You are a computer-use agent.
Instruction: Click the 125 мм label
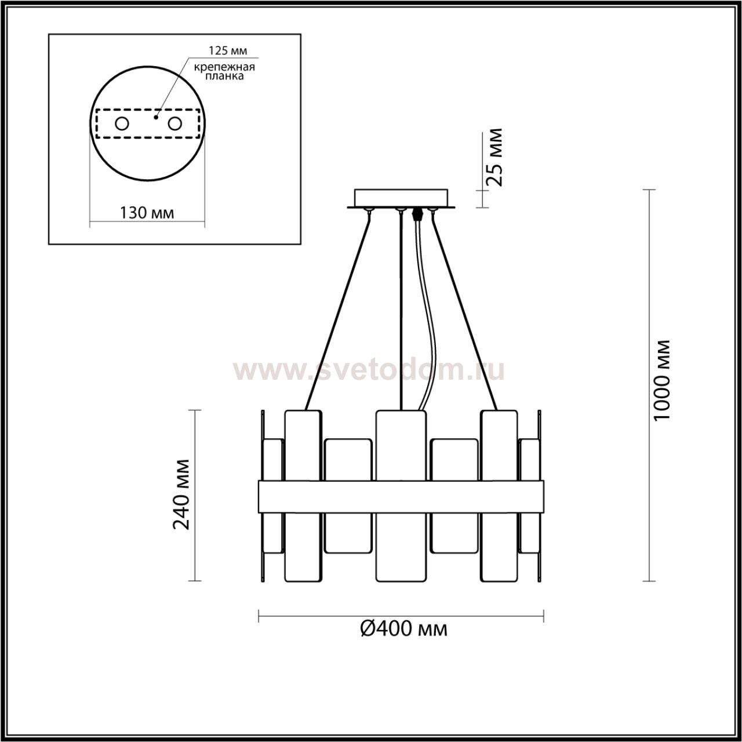(x=228, y=50)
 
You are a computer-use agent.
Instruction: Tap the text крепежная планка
(x=224, y=71)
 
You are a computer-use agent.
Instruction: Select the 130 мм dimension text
(x=147, y=213)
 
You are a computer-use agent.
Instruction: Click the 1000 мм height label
(x=662, y=380)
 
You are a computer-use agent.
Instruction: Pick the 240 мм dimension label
(x=181, y=495)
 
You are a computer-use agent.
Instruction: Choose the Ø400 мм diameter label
(x=404, y=629)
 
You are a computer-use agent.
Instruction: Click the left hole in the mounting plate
(x=122, y=123)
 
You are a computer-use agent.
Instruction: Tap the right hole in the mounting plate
(x=174, y=123)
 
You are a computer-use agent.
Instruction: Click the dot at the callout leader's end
(x=155, y=117)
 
